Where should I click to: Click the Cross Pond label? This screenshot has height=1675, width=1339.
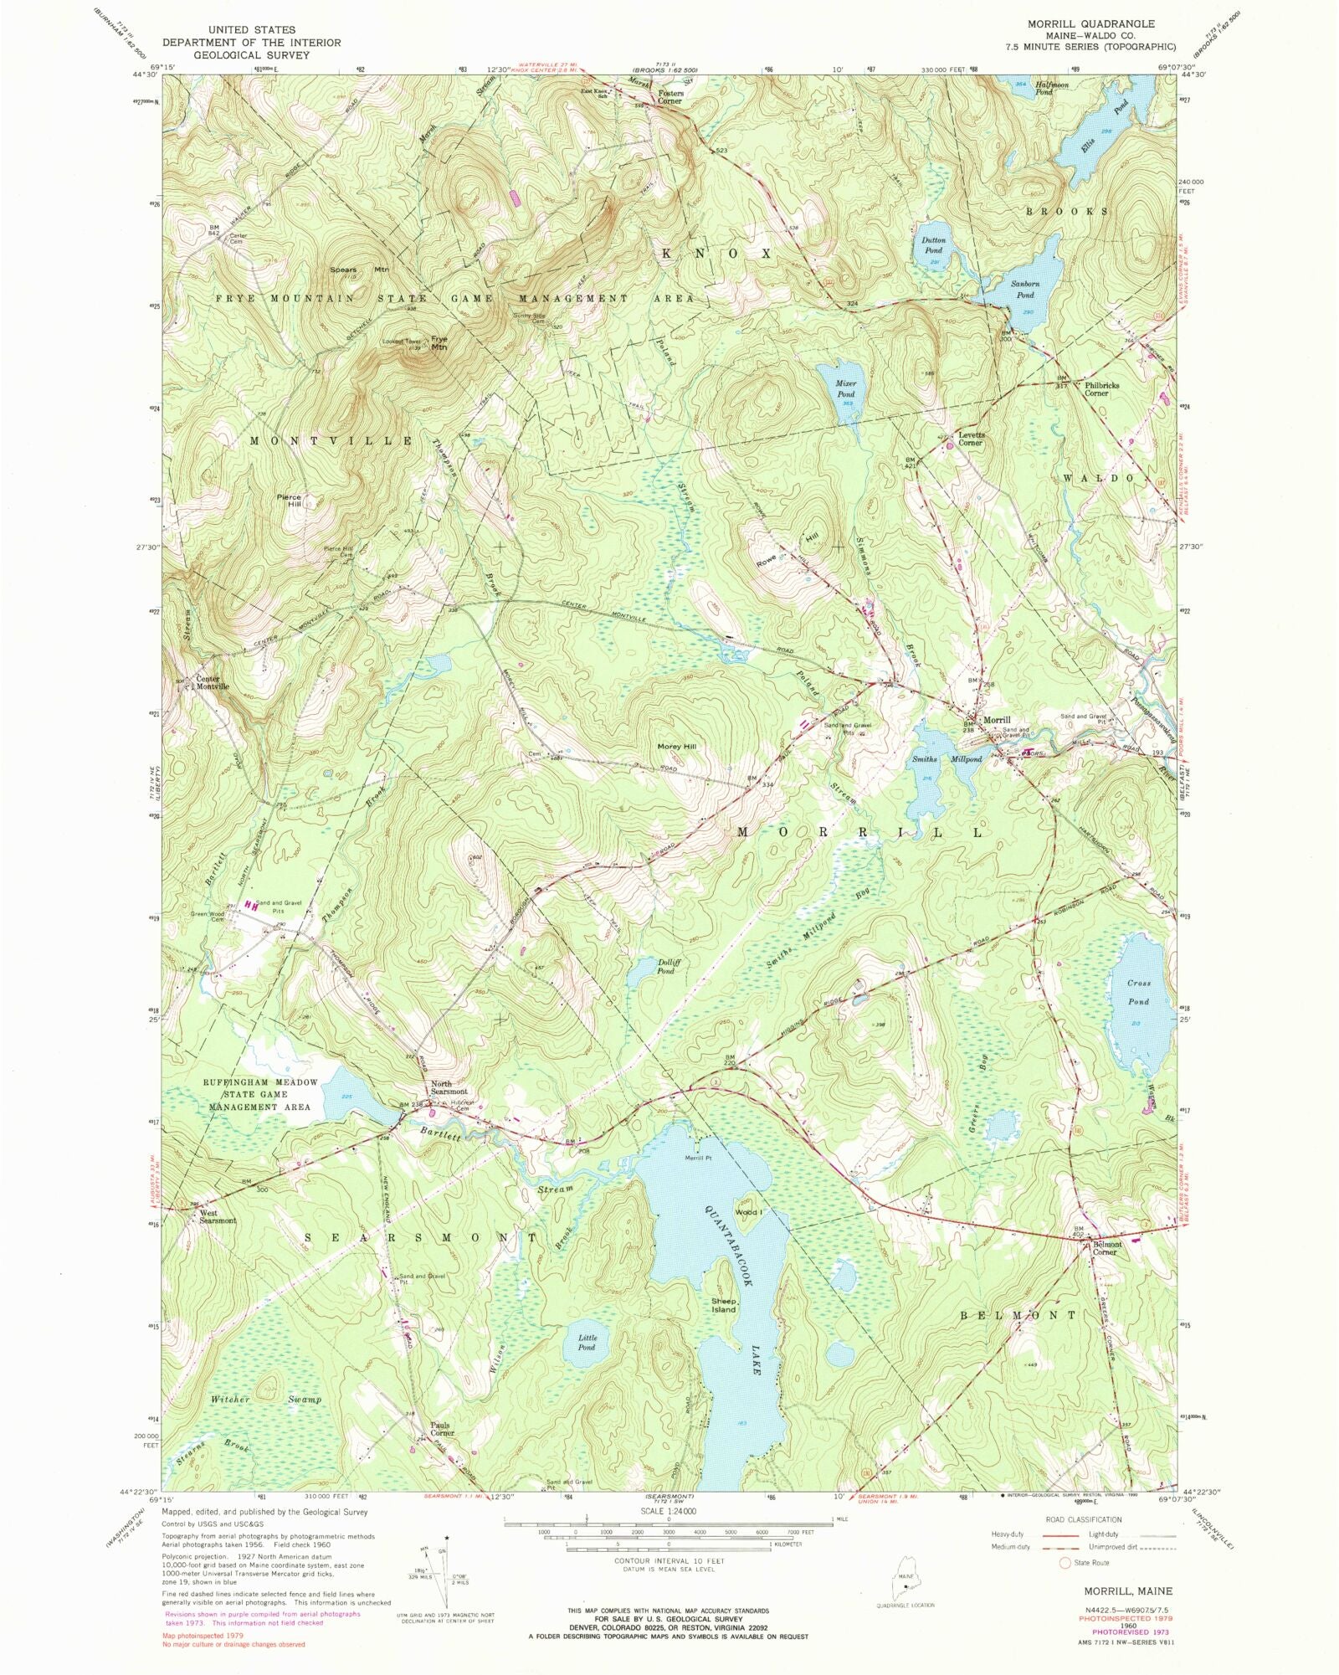[x=1137, y=993]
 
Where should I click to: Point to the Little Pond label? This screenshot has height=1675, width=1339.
[x=587, y=1343]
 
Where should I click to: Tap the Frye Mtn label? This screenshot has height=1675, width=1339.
[x=439, y=343]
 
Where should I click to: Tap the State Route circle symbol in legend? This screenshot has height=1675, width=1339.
[x=1065, y=1563]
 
